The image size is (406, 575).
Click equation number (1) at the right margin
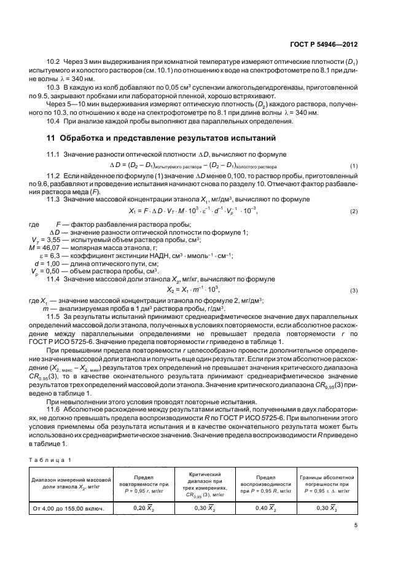(x=353, y=166)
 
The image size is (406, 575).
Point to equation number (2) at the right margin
(x=353, y=211)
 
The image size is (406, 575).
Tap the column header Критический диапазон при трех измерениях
(x=202, y=483)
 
